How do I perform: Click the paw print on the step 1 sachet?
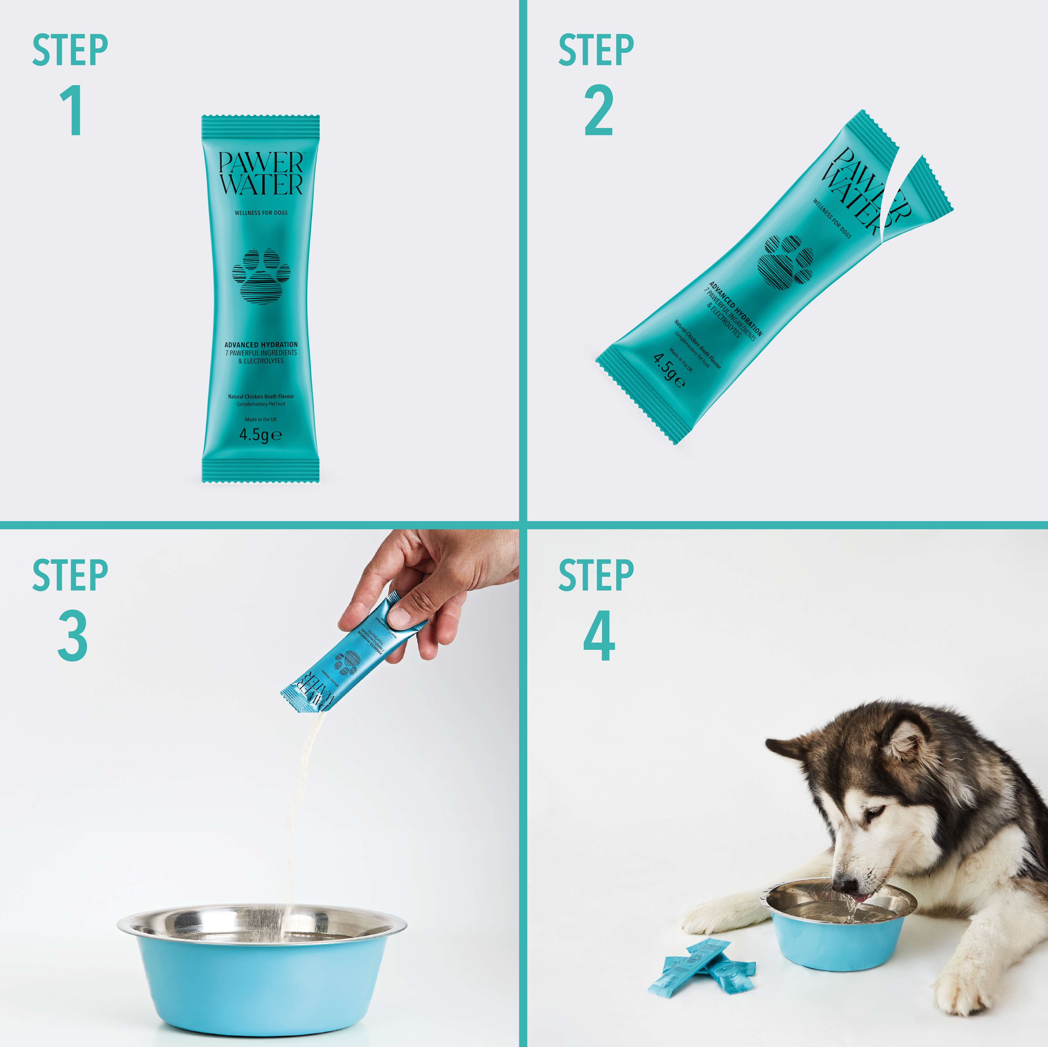(x=261, y=276)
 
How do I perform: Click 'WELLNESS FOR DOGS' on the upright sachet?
(x=261, y=212)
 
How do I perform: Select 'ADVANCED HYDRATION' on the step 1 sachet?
(x=261, y=344)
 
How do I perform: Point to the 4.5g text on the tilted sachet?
(x=668, y=370)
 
